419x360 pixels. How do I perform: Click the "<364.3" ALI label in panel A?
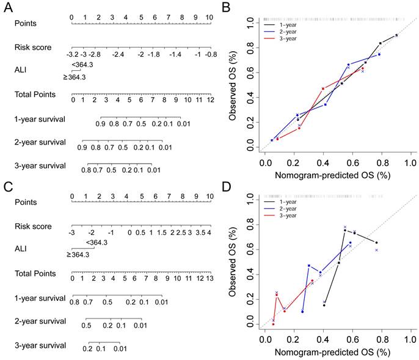point(81,65)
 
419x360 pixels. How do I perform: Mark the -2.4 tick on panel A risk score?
point(118,55)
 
